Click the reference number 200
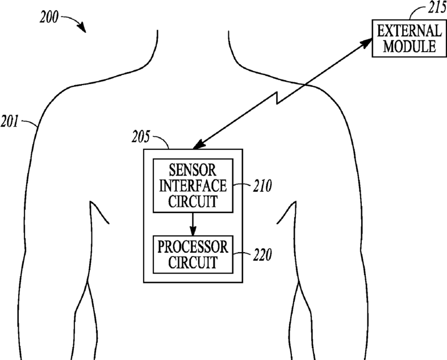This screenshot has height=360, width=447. point(49,17)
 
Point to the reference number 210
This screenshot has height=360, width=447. point(261,185)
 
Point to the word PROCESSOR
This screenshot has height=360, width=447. point(193,247)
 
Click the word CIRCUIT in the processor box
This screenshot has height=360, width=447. point(193,263)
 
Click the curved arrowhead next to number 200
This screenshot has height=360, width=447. point(83,28)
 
